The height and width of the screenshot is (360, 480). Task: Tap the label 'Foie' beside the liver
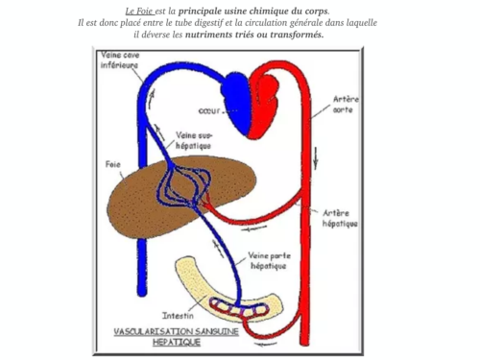pyautogui.click(x=112, y=164)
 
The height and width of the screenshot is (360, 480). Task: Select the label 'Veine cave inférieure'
pyautogui.click(x=120, y=60)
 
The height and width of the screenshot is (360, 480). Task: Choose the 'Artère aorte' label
pyautogui.click(x=346, y=104)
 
